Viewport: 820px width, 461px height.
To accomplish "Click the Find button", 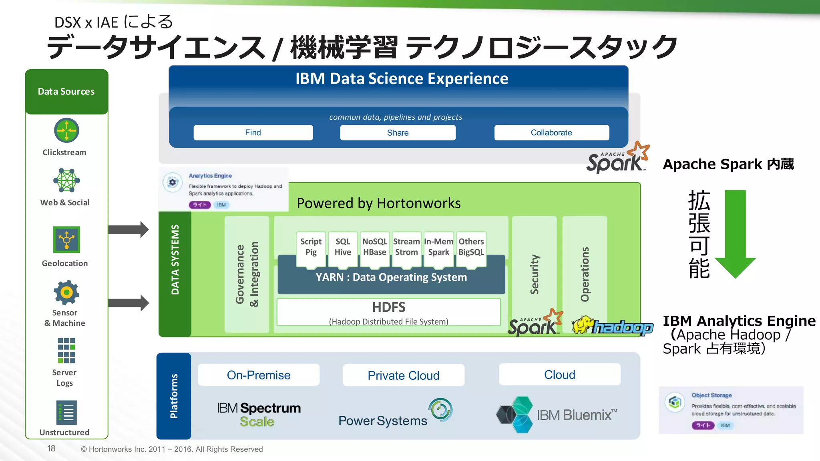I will click(x=253, y=132).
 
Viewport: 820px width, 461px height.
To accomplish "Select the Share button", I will click(x=398, y=132).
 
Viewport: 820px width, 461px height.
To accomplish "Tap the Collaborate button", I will click(x=551, y=132).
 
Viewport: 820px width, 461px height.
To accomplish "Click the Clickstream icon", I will click(x=66, y=130).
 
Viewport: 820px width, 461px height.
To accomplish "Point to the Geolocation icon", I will click(x=66, y=239).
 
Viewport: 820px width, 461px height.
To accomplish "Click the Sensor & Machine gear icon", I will click(x=66, y=293).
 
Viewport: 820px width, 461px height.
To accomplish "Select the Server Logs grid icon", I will click(x=66, y=350).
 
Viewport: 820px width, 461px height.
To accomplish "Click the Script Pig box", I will click(x=311, y=247).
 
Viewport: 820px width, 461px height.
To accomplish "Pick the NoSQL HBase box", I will click(x=374, y=247).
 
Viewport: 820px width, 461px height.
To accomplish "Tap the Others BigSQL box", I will click(x=471, y=247).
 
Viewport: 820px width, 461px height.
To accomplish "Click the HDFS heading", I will click(x=388, y=307).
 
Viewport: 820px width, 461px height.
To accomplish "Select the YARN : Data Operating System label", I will click(x=391, y=277).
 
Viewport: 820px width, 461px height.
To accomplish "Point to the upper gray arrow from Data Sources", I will click(x=129, y=230).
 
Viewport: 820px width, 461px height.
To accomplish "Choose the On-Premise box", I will click(x=259, y=375).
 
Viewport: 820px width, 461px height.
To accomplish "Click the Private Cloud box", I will click(x=403, y=375).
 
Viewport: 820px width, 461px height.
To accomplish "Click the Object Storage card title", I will click(x=711, y=395).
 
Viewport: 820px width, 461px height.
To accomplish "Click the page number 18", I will click(x=51, y=449).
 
